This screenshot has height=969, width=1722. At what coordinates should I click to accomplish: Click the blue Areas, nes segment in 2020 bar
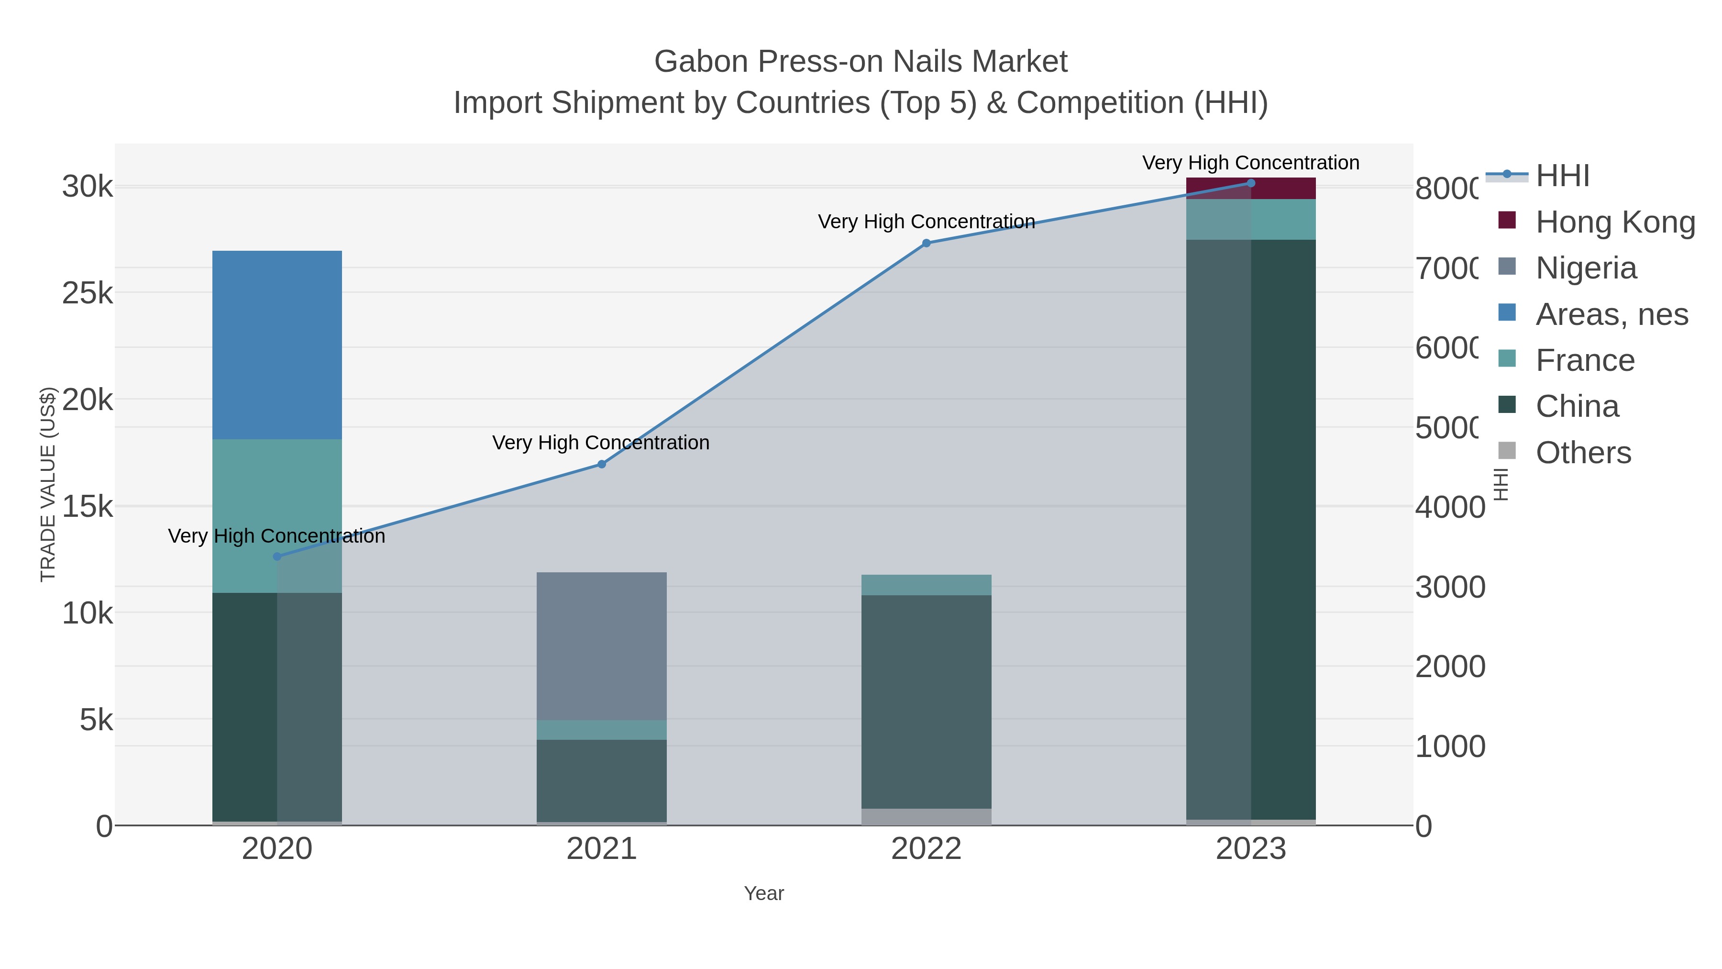point(277,345)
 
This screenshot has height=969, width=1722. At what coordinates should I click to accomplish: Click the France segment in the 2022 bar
point(926,584)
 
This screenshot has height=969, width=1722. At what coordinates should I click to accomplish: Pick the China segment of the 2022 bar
point(926,701)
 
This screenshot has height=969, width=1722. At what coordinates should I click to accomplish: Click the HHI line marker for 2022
point(926,244)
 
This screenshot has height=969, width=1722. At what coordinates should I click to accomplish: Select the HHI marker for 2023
point(1251,183)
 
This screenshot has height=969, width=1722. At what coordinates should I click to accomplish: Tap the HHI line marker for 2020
point(277,557)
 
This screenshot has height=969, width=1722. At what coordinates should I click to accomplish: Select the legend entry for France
point(1584,360)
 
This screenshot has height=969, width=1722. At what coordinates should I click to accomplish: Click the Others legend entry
point(1582,453)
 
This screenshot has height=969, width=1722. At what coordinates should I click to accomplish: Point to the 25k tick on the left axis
point(88,293)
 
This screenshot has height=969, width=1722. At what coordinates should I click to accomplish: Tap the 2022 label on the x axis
point(926,848)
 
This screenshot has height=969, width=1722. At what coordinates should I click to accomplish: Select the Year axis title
point(763,893)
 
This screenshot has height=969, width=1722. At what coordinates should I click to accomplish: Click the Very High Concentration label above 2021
point(600,443)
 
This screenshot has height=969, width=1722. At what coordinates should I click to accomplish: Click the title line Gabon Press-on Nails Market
point(861,62)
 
